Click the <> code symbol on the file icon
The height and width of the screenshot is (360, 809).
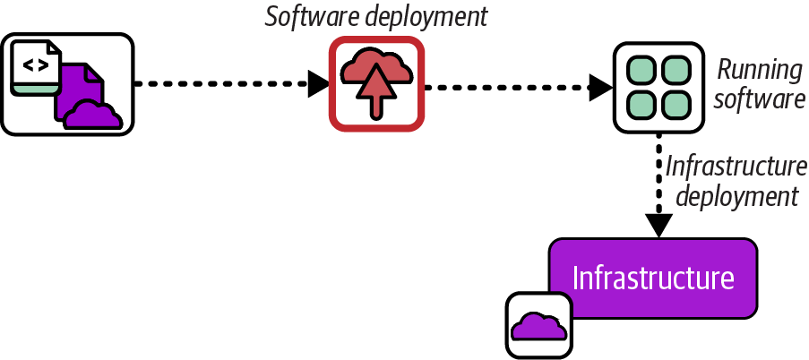pos(36,64)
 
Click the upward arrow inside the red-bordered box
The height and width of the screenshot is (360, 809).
pos(375,93)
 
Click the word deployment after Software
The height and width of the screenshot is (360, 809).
pos(429,18)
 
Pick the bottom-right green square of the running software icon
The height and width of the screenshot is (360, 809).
pos(675,104)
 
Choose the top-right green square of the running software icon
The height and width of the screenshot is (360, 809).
pos(675,70)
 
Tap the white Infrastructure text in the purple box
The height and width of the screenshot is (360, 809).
pos(653,278)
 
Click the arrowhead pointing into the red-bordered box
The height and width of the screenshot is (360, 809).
pos(319,85)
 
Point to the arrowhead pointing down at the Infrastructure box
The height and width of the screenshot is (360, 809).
pos(659,226)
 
